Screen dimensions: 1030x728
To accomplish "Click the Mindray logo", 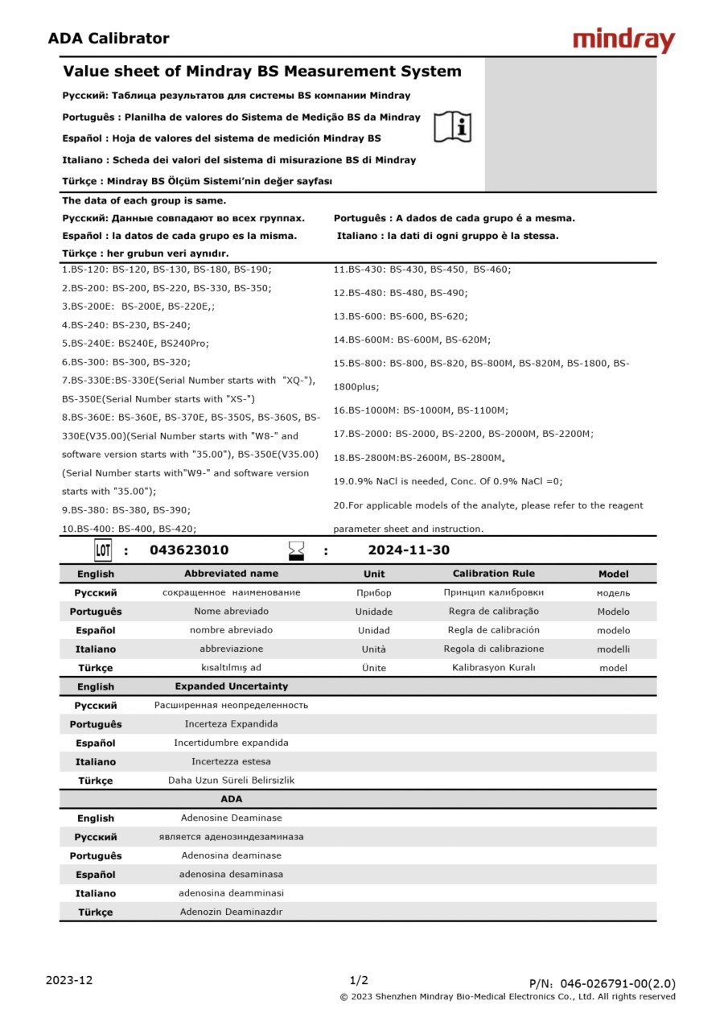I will [623, 40].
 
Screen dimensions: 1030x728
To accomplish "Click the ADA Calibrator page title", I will [109, 39].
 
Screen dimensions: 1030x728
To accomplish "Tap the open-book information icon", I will [453, 127].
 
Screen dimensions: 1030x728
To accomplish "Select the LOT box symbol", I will [103, 550].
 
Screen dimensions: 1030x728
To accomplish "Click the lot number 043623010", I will [189, 550].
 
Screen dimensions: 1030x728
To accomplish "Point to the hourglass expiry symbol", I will [297, 550].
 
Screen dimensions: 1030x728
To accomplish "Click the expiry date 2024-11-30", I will [409, 550].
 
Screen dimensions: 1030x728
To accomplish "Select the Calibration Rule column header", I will [493, 574].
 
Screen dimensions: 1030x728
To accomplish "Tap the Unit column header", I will [374, 574].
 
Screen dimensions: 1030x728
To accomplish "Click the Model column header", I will [613, 574].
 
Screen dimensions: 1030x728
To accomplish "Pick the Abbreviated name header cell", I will [231, 574].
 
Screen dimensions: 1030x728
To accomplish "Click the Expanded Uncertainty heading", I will [231, 686].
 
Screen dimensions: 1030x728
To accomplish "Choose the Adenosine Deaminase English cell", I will [231, 818].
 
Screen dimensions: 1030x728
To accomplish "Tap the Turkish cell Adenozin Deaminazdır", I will [231, 913].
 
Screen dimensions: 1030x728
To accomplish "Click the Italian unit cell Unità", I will [374, 649].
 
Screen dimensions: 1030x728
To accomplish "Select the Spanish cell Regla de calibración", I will [493, 630].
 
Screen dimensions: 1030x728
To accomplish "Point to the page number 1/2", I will [359, 980].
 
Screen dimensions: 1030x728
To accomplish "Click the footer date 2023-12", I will [69, 980].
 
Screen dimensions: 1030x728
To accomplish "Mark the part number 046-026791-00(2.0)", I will [618, 983].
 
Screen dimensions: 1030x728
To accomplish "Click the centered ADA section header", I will [231, 799].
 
